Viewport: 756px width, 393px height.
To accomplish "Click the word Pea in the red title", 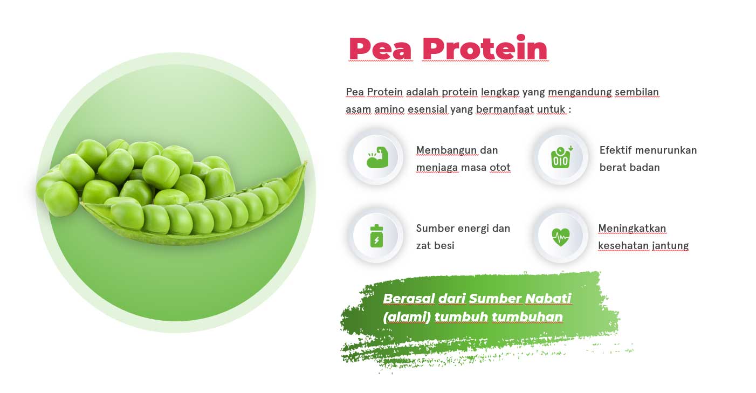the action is tap(380, 49).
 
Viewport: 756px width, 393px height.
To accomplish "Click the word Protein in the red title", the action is tap(485, 47).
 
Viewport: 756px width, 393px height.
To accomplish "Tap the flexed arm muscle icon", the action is tap(377, 157).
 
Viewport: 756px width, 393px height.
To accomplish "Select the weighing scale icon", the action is tap(561, 157).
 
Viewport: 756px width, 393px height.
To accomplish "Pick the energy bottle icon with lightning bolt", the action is tap(376, 236).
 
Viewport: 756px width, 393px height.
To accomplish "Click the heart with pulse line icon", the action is tap(561, 237).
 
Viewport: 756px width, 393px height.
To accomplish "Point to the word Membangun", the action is tap(446, 150).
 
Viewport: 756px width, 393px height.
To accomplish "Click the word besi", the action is tap(444, 246).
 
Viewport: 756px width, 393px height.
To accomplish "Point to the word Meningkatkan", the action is tap(632, 229).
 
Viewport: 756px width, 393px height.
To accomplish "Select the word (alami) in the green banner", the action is tap(407, 317).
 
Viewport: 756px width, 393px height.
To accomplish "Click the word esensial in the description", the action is tap(427, 109).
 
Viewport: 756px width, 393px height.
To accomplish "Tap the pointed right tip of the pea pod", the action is tap(306, 162).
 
